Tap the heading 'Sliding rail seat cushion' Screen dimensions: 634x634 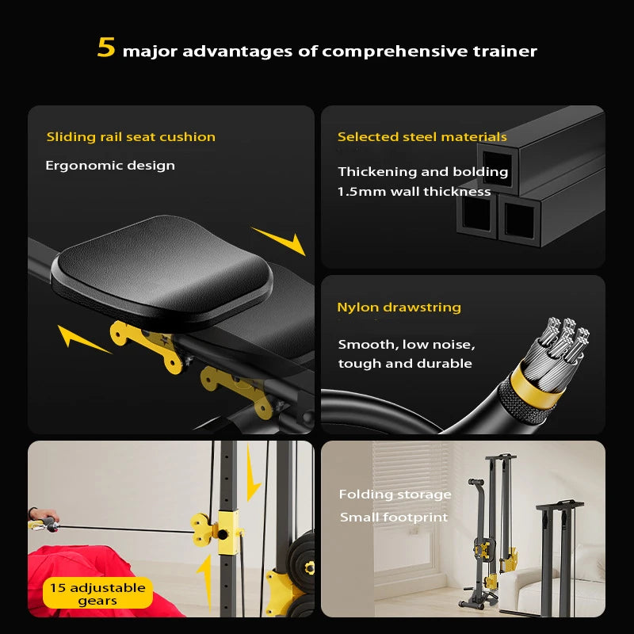click(131, 137)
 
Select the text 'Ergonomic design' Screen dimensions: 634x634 click(110, 166)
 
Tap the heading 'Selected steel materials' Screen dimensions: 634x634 click(422, 137)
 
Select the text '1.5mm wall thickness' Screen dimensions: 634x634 click(414, 191)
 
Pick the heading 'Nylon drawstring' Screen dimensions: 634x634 click(399, 307)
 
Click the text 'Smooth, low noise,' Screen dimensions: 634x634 click(407, 344)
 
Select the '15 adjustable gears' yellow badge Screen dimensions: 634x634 click(97, 593)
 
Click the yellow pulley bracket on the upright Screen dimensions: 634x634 click(216, 527)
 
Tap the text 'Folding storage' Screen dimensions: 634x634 click(395, 495)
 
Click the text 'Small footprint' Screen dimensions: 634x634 click(394, 518)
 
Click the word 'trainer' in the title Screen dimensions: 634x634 click(506, 52)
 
